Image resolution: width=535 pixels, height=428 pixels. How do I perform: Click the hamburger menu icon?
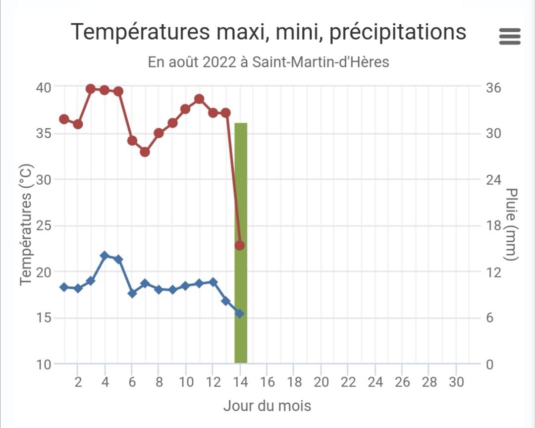tap(510, 36)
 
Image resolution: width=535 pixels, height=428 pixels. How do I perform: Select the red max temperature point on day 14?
tap(240, 245)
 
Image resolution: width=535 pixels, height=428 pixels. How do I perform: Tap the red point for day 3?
tap(91, 89)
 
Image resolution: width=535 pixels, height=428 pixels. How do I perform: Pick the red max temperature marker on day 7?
tap(145, 152)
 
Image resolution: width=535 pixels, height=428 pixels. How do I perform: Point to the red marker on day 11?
tap(199, 99)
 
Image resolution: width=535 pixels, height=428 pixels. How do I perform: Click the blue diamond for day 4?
tap(105, 256)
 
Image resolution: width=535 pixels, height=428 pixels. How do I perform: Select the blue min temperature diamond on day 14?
tap(240, 314)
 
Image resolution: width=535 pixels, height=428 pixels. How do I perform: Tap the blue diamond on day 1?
tap(64, 287)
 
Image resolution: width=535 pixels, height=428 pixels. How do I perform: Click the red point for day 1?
tap(64, 119)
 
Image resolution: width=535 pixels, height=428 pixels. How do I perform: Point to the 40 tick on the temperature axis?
tap(44, 87)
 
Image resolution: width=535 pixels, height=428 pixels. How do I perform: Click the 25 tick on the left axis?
tap(44, 226)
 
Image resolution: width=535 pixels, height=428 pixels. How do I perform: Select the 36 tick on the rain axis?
tap(494, 88)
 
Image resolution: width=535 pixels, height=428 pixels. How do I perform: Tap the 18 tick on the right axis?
tap(494, 226)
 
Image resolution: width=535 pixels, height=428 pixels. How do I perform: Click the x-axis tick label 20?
tap(321, 382)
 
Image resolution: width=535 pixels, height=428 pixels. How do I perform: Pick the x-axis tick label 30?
tap(456, 382)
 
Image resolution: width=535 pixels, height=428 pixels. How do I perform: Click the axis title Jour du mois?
tap(267, 406)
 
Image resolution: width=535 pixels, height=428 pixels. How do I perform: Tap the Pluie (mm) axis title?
tap(512, 224)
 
